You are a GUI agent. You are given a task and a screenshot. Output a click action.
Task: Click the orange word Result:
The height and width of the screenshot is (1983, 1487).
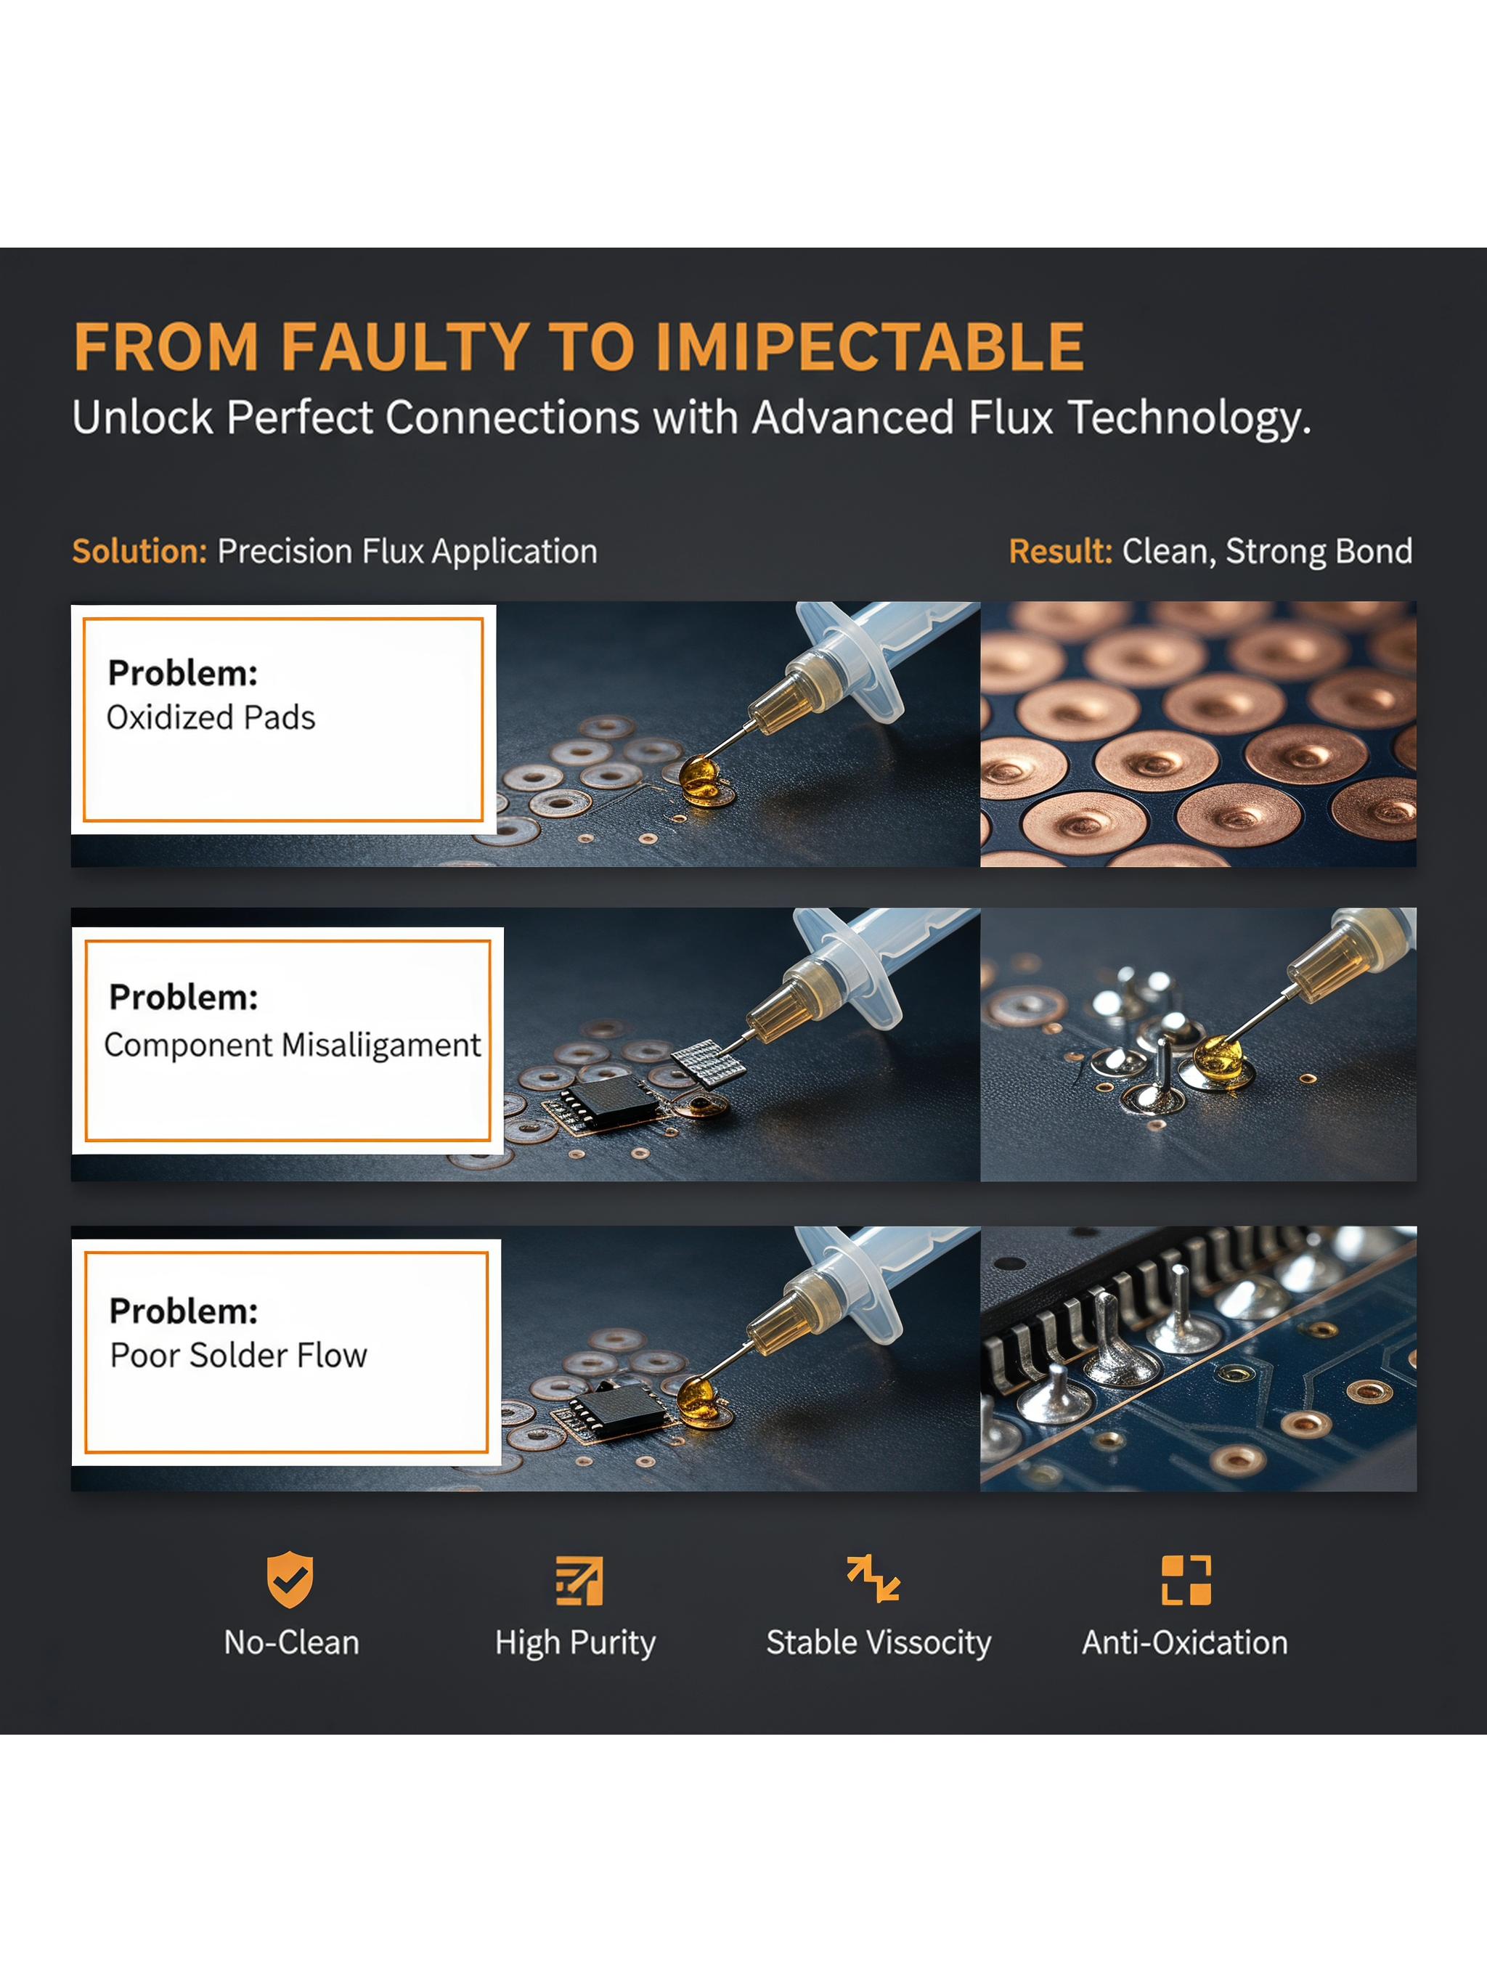[x=1060, y=550]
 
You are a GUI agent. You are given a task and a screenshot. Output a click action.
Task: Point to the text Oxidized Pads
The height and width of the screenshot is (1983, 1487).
[x=211, y=717]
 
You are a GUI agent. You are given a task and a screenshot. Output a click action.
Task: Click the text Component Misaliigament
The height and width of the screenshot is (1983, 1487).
[x=292, y=1046]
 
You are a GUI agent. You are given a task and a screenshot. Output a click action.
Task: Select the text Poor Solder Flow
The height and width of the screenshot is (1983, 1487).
[x=238, y=1355]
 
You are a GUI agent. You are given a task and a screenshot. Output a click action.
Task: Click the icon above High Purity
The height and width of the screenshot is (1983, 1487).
[x=579, y=1581]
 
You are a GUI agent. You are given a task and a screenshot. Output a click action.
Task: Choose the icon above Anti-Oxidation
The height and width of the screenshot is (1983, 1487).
[x=1186, y=1579]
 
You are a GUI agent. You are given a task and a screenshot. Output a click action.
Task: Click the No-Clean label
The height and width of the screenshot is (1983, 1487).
[x=291, y=1642]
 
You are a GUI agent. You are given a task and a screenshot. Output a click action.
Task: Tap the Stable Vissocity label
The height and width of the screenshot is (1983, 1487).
[x=879, y=1642]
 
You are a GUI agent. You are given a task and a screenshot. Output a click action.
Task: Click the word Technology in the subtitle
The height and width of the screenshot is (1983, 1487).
[x=1190, y=418]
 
